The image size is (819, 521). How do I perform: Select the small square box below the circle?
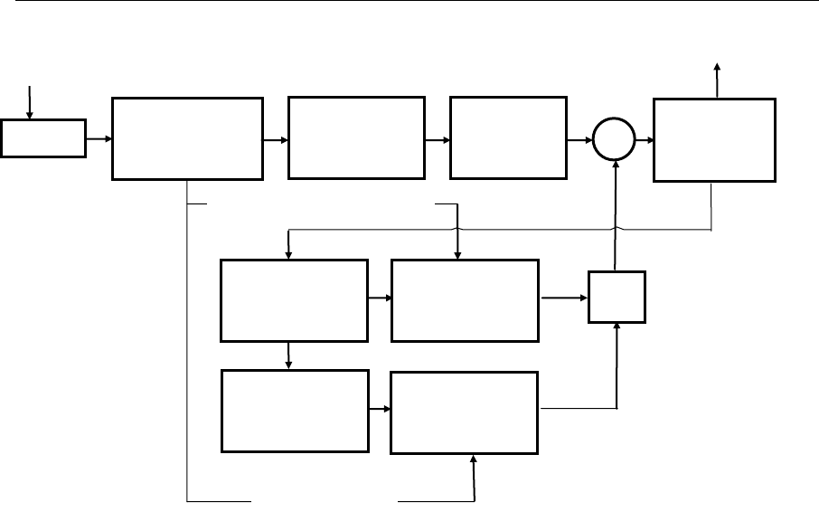(x=617, y=296)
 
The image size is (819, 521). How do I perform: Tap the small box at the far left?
(x=43, y=137)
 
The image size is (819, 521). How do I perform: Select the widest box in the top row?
(x=187, y=138)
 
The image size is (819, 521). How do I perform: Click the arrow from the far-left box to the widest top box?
(x=99, y=138)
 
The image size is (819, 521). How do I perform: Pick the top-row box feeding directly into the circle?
(x=507, y=138)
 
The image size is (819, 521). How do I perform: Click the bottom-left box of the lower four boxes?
(x=296, y=411)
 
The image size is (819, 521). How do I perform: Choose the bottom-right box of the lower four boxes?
(x=465, y=411)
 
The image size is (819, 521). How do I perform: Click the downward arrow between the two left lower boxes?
(x=289, y=355)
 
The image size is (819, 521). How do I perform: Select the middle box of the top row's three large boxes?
(x=355, y=138)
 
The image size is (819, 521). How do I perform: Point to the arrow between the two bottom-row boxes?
(x=379, y=410)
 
